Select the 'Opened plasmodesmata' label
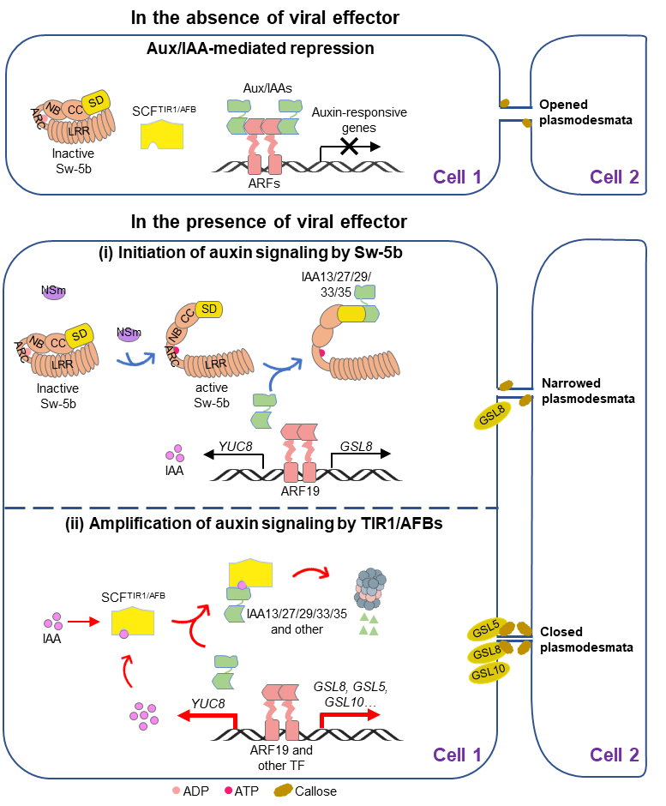pyautogui.click(x=585, y=112)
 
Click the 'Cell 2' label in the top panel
pyautogui.click(x=614, y=177)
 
